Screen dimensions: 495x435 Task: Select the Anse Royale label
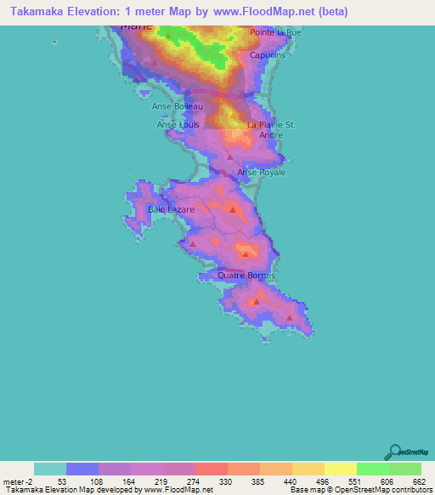[x=261, y=173]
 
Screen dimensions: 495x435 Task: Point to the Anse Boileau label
[x=178, y=106]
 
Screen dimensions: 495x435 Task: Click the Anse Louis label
[x=178, y=124]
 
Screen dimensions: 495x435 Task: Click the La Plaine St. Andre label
[x=271, y=129]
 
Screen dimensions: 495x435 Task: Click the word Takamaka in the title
[x=34, y=13]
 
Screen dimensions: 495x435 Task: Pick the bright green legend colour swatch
[x=372, y=469]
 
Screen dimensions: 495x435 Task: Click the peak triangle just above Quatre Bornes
[x=246, y=253]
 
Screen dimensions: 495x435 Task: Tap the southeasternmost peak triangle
[x=290, y=318]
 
